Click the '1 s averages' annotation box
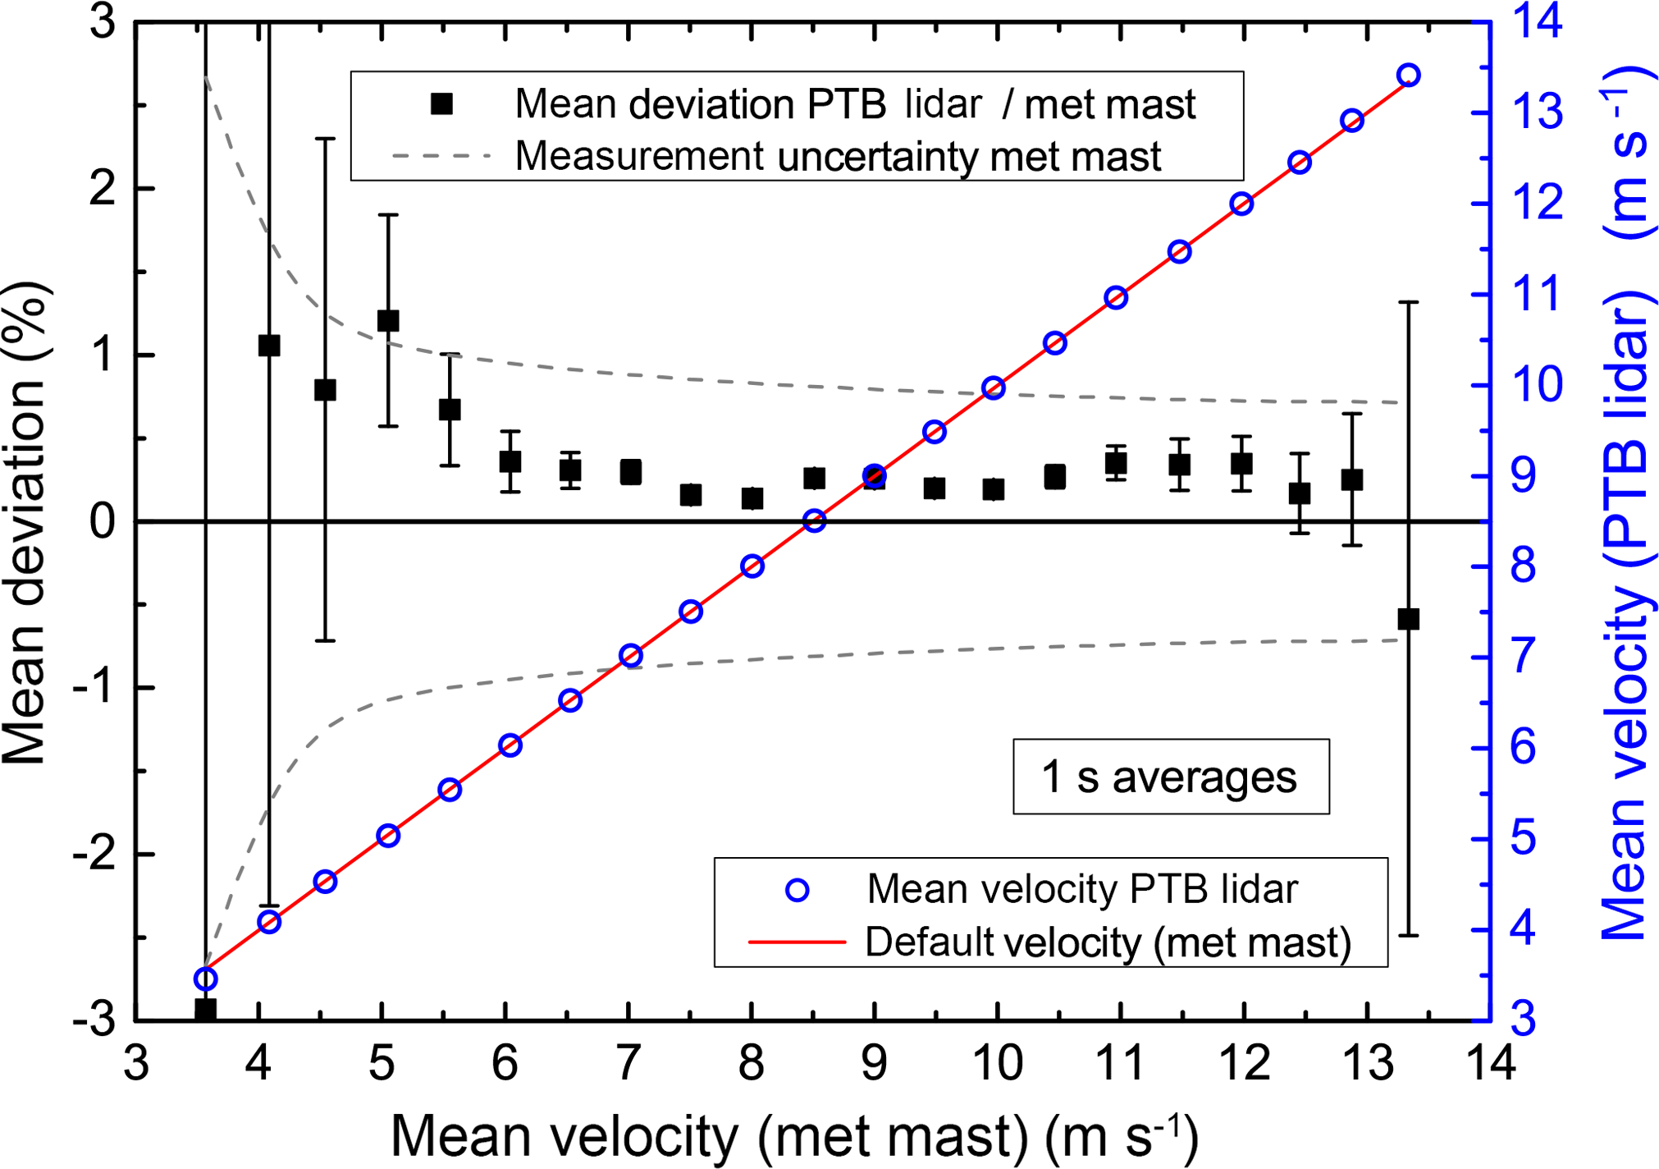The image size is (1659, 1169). (1170, 777)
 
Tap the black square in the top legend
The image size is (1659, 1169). (442, 103)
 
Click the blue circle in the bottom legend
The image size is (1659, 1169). (798, 891)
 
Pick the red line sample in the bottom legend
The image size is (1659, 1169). (797, 942)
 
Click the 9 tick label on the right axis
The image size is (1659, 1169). (1524, 476)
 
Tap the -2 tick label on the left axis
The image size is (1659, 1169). (93, 854)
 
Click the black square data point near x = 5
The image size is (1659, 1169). (388, 320)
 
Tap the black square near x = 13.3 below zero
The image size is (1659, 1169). (1408, 619)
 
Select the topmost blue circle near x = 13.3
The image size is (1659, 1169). (1409, 76)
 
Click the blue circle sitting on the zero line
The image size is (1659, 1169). (814, 520)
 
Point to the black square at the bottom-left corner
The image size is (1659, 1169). (206, 1009)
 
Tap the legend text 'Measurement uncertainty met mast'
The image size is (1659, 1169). (838, 155)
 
